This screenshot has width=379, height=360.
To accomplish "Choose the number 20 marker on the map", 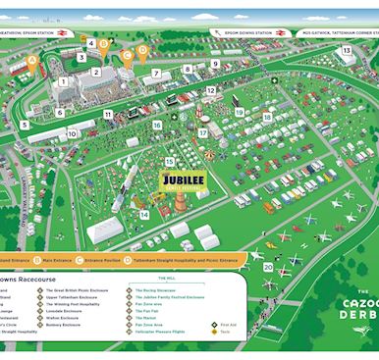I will click(268, 266).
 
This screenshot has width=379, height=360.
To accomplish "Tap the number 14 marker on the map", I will click(144, 214).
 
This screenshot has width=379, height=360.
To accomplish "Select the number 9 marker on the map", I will click(215, 64).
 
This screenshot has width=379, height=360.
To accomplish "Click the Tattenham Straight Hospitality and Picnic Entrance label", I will click(196, 260).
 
